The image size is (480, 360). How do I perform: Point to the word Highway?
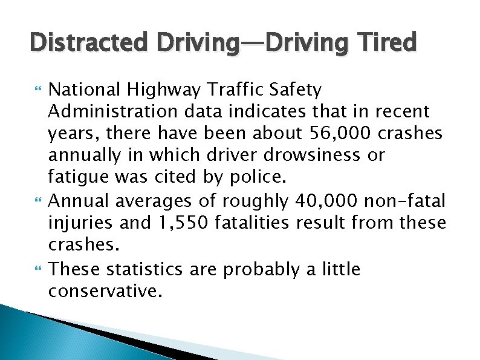tap(174, 91)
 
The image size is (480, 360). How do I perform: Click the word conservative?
tap(105, 291)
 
